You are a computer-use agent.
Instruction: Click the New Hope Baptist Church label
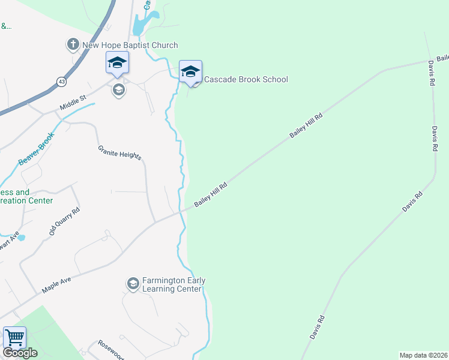click(x=130, y=45)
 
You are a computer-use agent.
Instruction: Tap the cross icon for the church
click(x=73, y=44)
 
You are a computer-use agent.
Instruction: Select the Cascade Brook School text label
click(x=246, y=80)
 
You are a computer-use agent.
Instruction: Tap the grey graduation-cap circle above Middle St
click(x=118, y=91)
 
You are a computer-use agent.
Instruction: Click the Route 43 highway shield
click(x=62, y=81)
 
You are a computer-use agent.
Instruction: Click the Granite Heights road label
click(x=120, y=152)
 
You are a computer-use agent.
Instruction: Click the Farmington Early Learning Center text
click(x=173, y=284)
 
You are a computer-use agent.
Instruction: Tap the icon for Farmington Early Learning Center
click(x=133, y=283)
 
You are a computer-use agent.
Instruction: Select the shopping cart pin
click(x=14, y=338)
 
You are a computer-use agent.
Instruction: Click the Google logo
click(x=20, y=353)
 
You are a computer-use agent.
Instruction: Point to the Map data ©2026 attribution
click(x=423, y=355)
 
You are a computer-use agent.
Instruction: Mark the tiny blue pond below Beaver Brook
click(x=21, y=238)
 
